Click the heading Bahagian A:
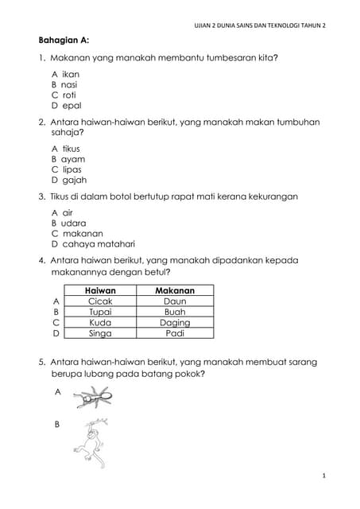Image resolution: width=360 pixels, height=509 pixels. tap(64, 40)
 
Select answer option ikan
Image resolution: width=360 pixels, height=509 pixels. tap(65, 73)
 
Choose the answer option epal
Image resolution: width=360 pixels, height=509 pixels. tap(67, 105)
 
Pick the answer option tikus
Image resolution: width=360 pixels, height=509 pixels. tap(66, 148)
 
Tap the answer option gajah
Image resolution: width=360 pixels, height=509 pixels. tap(69, 180)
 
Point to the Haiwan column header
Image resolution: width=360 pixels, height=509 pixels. tap(100, 291)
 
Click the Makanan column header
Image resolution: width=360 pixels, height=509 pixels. tap(175, 291)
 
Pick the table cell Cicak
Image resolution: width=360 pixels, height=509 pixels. tap(100, 301)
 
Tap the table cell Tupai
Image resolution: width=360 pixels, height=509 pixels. tap(100, 313)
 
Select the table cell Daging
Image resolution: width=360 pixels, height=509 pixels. tap(175, 323)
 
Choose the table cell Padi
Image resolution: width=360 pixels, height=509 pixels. tap(175, 334)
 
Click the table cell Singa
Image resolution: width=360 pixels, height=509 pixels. tap(100, 334)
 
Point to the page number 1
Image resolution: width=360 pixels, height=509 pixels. tap(324, 475)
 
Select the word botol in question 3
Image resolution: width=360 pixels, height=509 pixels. tap(118, 196)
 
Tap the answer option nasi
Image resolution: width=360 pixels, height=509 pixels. tap(65, 84)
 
